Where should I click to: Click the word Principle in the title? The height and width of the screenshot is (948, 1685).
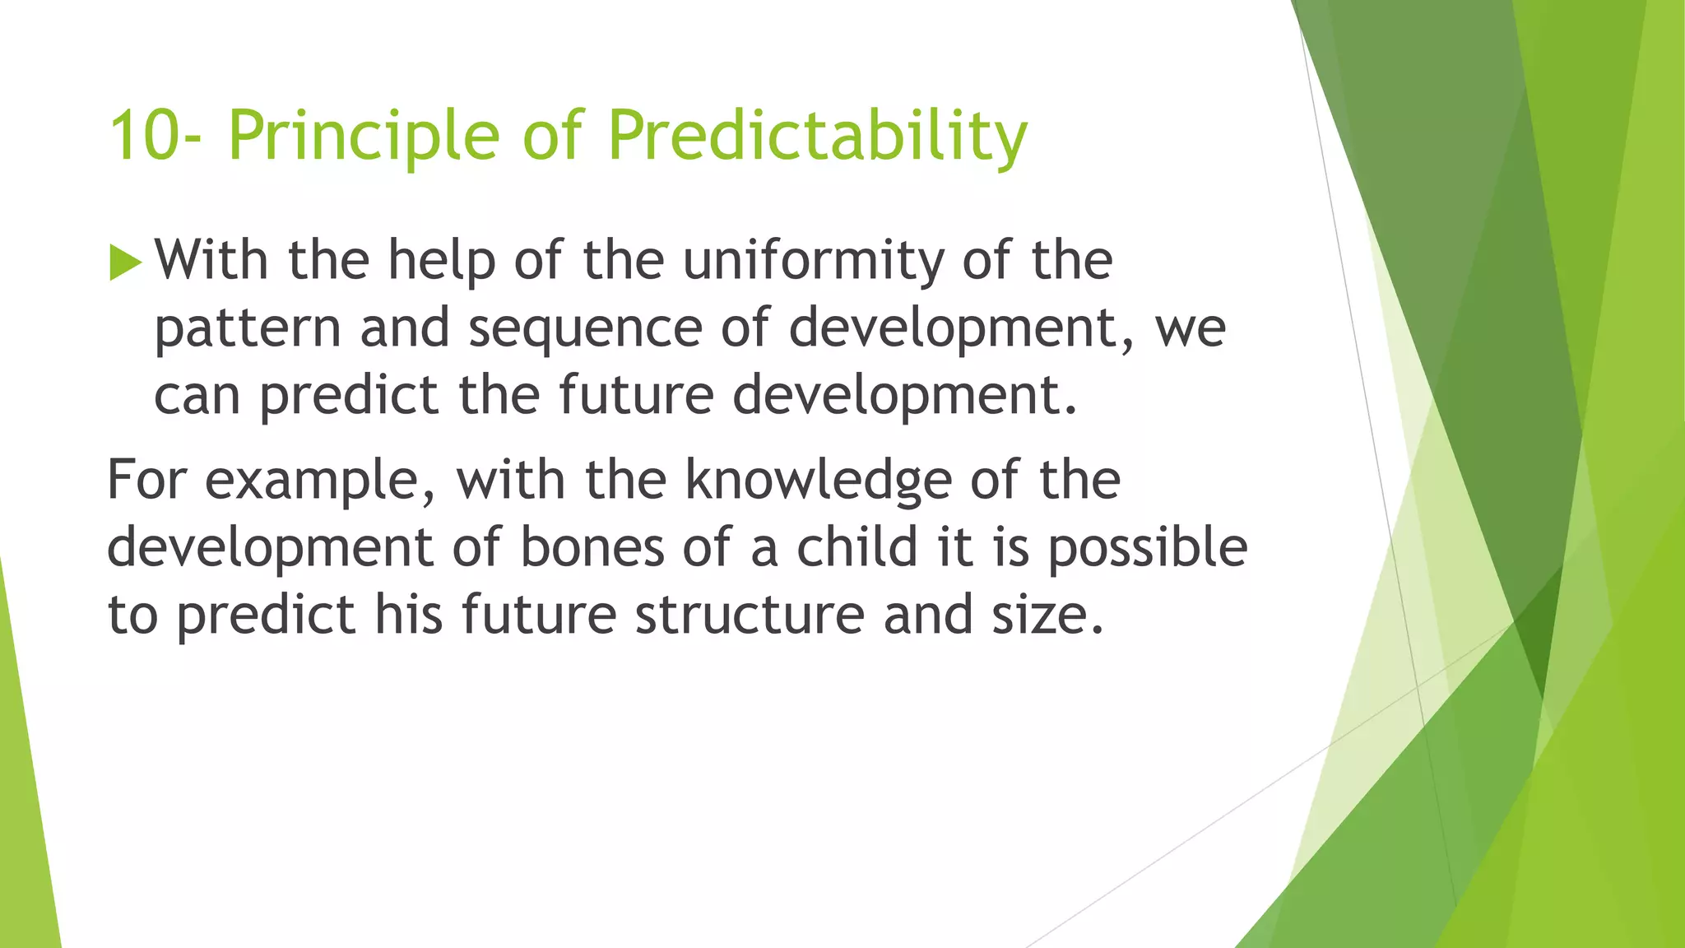click(x=363, y=136)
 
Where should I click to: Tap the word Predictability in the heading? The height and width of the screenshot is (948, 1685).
click(x=817, y=136)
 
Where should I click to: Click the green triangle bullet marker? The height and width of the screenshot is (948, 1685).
click(x=125, y=263)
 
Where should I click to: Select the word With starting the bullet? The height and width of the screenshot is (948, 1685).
click(x=211, y=261)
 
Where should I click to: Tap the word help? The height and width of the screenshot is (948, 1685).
click(x=442, y=261)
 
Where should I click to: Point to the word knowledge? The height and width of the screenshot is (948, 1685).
click(x=818, y=480)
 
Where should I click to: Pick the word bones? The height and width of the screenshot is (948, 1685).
click(x=592, y=548)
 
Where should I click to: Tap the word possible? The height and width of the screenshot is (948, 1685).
click(x=1147, y=548)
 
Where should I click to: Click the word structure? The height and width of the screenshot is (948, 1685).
click(x=749, y=616)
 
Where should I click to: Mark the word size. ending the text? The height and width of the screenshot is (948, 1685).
click(x=1047, y=616)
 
